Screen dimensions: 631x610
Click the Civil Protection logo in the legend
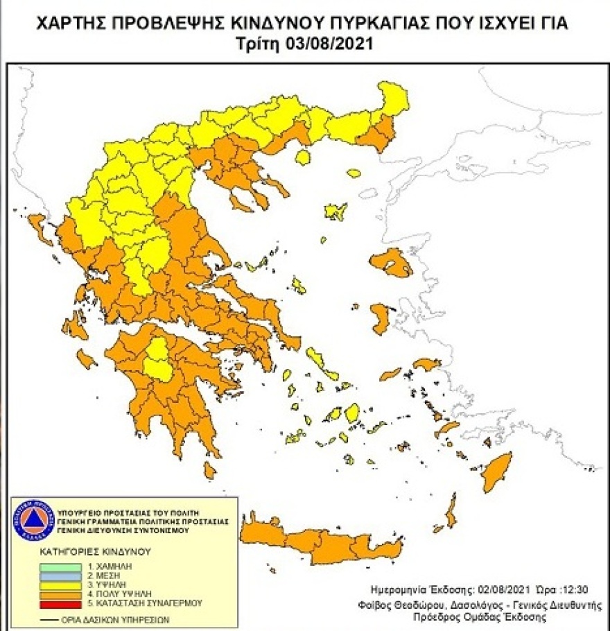point(32,519)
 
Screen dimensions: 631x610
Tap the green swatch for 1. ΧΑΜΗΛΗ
point(58,567)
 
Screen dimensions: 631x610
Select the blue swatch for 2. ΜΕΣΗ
point(58,576)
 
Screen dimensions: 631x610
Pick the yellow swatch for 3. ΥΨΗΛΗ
point(58,586)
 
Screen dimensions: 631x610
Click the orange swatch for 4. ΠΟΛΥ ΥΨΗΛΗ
point(58,595)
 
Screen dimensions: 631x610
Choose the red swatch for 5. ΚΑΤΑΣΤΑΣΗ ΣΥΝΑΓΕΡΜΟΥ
point(58,605)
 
